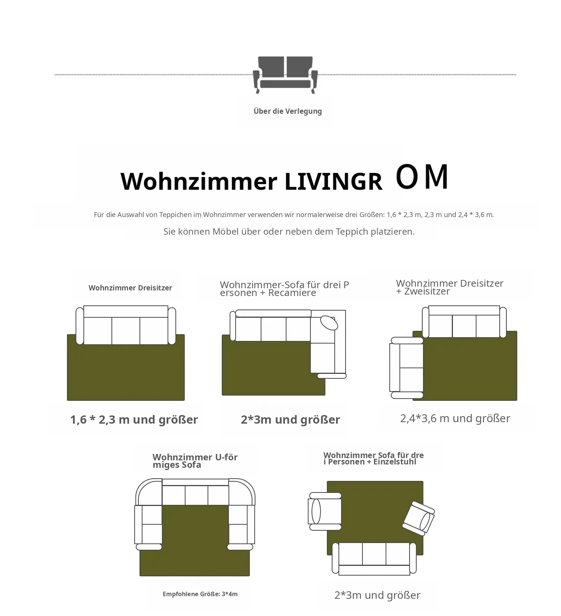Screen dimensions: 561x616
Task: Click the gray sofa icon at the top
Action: [x=285, y=75]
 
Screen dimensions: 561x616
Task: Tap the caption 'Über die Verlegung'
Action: [x=288, y=111]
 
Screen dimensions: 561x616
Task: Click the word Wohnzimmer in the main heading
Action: [x=199, y=182]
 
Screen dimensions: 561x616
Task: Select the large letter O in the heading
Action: [x=407, y=177]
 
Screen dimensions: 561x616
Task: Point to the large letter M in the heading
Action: [x=436, y=177]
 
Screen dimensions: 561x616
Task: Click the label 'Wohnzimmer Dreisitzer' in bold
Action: [x=130, y=288]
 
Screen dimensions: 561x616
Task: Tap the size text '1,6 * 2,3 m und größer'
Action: [x=134, y=420]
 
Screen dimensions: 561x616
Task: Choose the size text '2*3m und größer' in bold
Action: [x=290, y=420]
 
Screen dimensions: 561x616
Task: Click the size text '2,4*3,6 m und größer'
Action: [x=455, y=418]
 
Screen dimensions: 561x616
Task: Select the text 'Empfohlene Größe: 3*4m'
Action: [x=200, y=594]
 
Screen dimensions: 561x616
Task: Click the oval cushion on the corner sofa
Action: [x=329, y=323]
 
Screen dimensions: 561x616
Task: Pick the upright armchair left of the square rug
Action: [x=325, y=511]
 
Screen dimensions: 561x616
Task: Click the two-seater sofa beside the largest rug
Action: [x=407, y=368]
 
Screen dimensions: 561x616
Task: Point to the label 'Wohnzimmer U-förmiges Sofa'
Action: [x=195, y=461]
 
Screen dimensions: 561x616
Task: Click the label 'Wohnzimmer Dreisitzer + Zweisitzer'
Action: [x=450, y=287]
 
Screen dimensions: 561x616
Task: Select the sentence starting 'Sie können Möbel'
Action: [x=289, y=231]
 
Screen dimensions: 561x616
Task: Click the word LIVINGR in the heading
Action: [x=334, y=182]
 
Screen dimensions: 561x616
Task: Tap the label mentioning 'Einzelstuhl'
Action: [x=374, y=458]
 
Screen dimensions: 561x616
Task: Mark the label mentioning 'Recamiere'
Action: [x=284, y=289]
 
